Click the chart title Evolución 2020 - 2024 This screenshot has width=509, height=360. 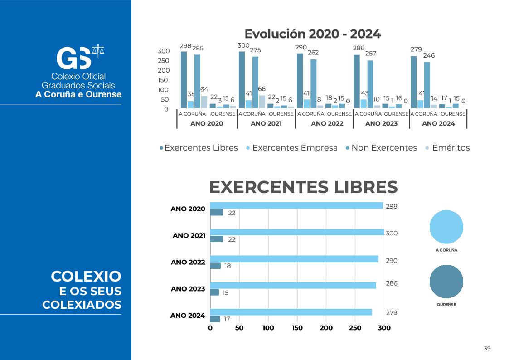(x=312, y=34)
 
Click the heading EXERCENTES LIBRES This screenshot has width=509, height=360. (x=303, y=187)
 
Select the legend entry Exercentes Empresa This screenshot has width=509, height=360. (x=295, y=148)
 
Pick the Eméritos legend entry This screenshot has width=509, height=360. (x=451, y=148)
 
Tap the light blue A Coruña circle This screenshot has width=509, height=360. (x=446, y=227)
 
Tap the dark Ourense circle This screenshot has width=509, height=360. (x=446, y=282)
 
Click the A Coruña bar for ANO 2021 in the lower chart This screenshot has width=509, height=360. (x=297, y=232)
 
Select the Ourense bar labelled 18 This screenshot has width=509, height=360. (x=215, y=266)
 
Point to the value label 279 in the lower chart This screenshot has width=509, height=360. (x=391, y=313)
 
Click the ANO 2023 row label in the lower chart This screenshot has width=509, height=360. (x=188, y=289)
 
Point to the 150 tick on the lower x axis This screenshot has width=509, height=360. (x=297, y=328)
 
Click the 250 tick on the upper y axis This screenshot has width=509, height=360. (x=163, y=61)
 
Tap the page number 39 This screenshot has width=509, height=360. (x=487, y=349)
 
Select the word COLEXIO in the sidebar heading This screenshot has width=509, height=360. (x=86, y=276)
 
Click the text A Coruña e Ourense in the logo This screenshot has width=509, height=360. (x=78, y=95)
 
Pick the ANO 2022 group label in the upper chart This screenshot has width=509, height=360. (x=327, y=123)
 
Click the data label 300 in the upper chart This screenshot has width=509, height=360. (x=243, y=45)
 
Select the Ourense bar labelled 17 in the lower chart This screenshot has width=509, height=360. (x=215, y=319)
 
